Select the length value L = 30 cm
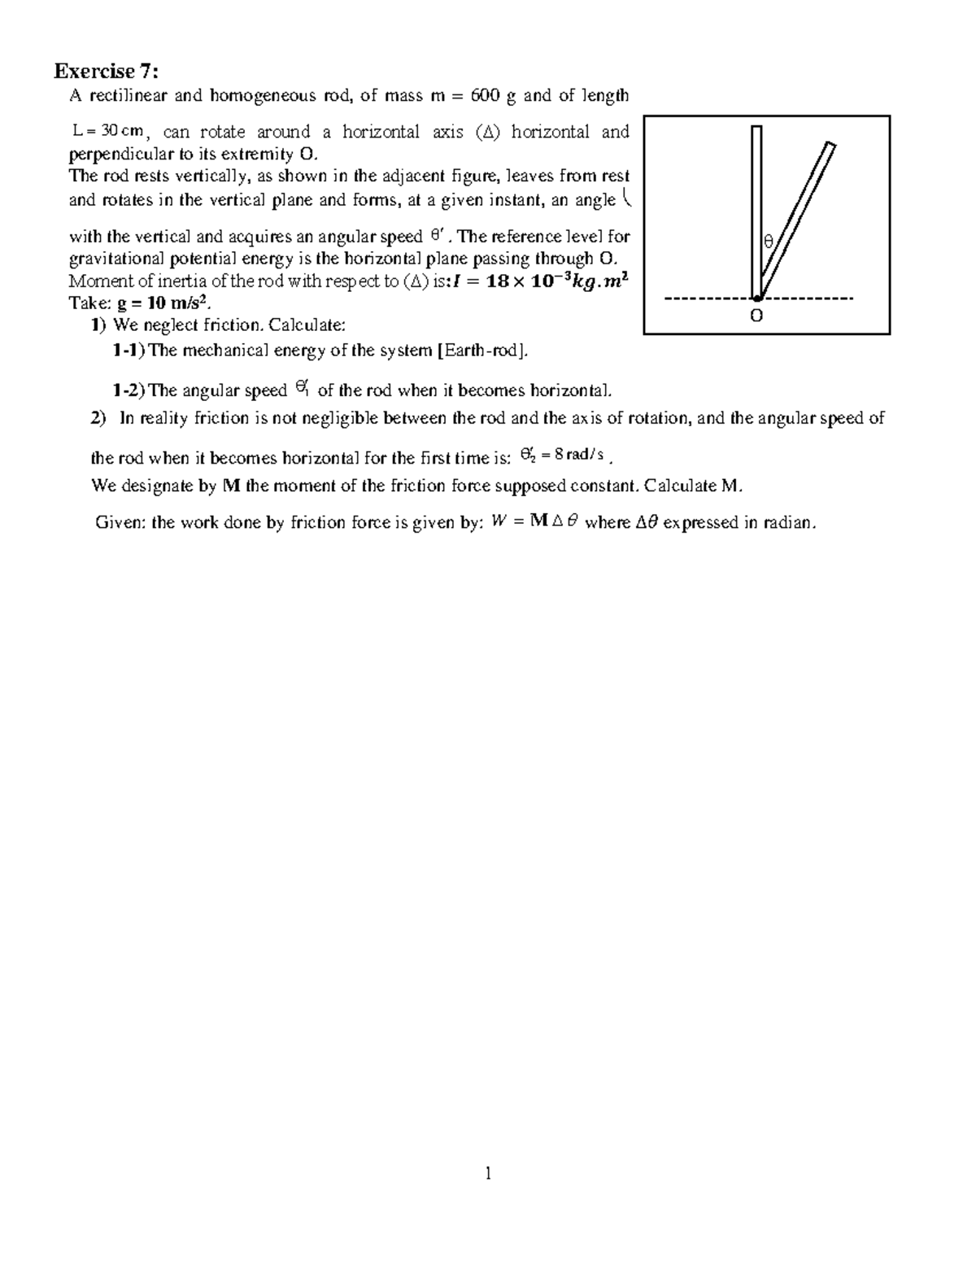107,132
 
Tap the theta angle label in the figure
767,242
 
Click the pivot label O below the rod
756,316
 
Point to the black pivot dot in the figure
757,298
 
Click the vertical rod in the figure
756,211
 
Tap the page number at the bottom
488,1173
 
